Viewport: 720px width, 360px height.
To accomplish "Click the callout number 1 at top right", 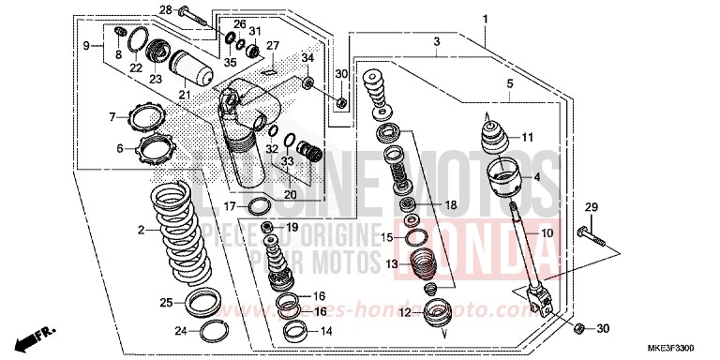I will point(486,19).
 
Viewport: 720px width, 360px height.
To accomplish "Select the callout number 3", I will point(436,42).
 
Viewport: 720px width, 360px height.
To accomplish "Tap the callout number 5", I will point(510,83).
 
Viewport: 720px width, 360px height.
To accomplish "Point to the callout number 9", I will point(86,45).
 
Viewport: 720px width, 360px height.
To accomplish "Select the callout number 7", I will point(112,117).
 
